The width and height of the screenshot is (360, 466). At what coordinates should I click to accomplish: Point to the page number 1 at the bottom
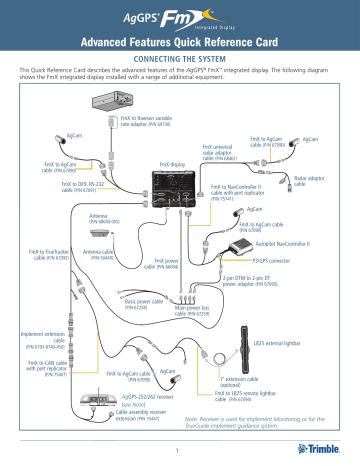click(x=180, y=451)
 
